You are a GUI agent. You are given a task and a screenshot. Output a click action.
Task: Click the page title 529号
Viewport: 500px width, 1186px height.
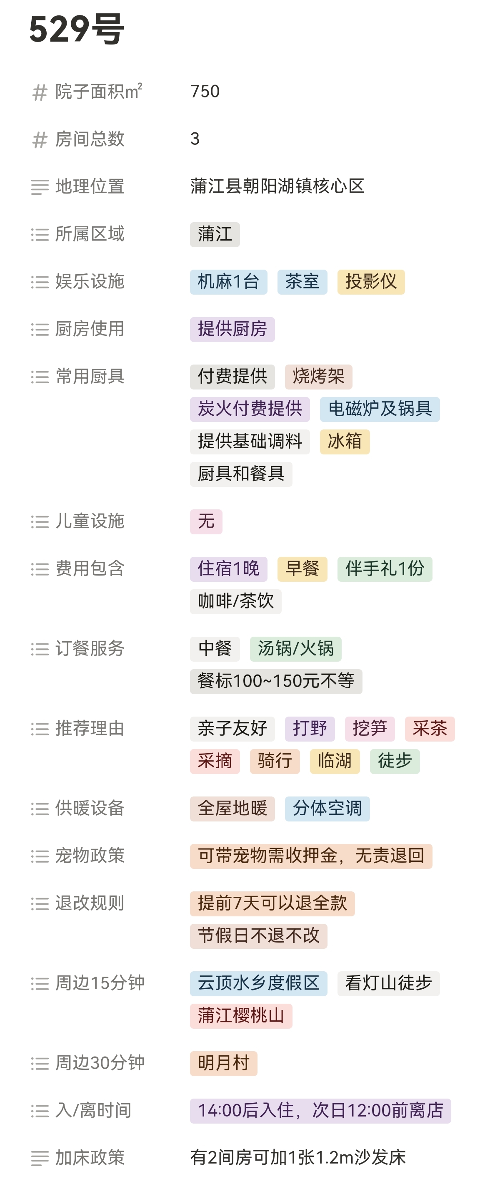77,29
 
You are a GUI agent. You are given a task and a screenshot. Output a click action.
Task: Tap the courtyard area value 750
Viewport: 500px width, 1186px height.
205,92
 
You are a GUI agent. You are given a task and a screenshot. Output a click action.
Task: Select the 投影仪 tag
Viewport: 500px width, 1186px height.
371,282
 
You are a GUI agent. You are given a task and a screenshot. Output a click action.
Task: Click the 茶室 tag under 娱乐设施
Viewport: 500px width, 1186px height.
302,282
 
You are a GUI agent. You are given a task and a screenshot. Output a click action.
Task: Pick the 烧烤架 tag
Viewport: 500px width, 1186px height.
318,377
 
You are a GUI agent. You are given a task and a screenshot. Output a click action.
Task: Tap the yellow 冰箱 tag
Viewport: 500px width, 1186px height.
345,442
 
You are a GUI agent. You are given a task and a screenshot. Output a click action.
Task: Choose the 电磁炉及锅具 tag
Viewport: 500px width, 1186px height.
380,409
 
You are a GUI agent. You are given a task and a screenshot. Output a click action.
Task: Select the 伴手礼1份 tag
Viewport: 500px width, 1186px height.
385,569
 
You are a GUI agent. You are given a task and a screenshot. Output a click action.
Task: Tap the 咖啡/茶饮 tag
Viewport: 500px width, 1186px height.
235,601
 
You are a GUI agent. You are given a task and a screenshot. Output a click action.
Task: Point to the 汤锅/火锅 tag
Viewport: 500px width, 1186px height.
295,649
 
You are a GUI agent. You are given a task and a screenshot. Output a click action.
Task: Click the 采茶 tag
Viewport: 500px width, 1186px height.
430,729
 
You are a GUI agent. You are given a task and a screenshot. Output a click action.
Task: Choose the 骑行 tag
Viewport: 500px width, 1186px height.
275,761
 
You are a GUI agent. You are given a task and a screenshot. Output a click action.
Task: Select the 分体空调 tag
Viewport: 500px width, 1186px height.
327,809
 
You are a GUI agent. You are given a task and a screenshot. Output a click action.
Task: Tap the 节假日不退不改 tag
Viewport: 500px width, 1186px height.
258,936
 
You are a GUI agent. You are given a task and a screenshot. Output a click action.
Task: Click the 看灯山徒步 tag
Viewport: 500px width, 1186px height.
388,983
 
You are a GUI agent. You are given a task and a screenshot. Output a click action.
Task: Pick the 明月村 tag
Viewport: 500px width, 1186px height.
223,1064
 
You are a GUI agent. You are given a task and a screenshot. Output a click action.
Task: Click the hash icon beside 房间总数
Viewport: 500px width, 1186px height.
40,139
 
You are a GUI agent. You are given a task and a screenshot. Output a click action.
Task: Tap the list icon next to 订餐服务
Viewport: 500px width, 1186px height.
40,649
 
